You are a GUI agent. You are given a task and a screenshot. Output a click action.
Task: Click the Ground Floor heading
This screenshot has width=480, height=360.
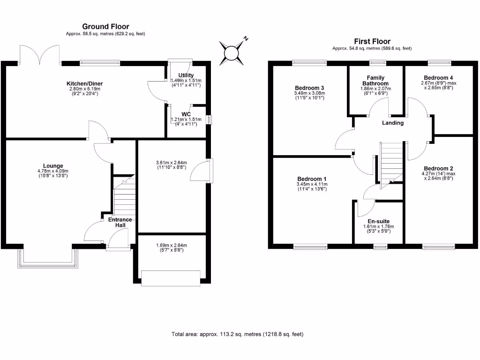click(x=105, y=27)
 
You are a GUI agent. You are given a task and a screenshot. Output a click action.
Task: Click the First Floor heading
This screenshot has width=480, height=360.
click(x=372, y=41)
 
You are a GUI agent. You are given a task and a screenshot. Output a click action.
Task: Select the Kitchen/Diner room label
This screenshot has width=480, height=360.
click(x=84, y=83)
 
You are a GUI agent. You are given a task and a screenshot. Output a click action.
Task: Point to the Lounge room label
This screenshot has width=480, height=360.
click(x=53, y=166)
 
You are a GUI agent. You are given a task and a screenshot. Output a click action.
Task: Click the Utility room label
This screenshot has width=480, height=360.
click(x=186, y=75)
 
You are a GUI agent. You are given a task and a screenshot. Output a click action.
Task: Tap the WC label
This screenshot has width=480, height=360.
click(x=186, y=114)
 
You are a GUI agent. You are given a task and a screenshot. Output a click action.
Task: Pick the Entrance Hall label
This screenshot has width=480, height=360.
click(x=120, y=222)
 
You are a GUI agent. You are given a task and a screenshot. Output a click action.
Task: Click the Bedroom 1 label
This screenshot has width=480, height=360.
click(x=312, y=179)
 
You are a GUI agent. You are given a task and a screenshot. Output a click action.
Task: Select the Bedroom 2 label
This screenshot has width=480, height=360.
click(x=438, y=168)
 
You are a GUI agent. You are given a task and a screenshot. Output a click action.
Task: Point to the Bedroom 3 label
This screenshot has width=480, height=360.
click(x=309, y=88)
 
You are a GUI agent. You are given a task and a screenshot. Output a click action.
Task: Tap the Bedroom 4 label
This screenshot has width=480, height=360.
click(x=438, y=78)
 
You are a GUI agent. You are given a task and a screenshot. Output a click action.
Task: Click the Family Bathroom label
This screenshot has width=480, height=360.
click(x=375, y=81)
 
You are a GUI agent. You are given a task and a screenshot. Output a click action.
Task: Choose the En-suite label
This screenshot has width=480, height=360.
click(x=379, y=221)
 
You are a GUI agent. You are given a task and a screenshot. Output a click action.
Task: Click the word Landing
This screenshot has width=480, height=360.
click(x=393, y=123)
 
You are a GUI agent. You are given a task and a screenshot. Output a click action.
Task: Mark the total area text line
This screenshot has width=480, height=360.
click(x=238, y=334)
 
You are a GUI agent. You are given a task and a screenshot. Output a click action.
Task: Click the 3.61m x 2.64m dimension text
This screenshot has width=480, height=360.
click(x=172, y=163)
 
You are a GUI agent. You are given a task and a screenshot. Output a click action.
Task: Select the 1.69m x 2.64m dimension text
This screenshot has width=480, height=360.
click(x=172, y=246)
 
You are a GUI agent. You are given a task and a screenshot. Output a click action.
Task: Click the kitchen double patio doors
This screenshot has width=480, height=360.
click(x=39, y=55)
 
